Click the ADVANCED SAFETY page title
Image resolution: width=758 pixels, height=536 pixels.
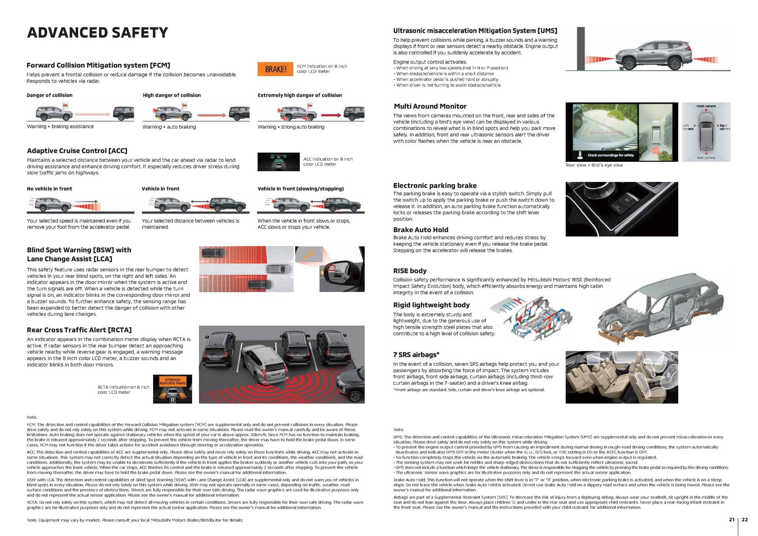pos(97,33)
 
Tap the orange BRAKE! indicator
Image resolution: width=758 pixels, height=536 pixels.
pos(275,69)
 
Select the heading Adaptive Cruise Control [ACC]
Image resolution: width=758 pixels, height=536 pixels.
pos(77,151)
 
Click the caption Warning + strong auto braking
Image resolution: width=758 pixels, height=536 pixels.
pos(291,127)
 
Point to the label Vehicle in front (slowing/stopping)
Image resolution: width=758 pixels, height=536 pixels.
pos(300,189)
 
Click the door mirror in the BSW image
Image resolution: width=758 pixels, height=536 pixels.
pos(340,272)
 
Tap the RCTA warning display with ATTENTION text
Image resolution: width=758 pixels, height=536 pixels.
pos(173,389)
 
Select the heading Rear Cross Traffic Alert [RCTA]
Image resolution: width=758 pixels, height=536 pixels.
pos(79,330)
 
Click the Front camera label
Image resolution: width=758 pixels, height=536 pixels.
pos(706,106)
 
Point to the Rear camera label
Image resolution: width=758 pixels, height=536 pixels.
pos(706,158)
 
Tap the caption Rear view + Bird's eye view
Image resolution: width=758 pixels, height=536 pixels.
pos(594,165)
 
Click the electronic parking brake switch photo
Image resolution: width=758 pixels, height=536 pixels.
pos(621,209)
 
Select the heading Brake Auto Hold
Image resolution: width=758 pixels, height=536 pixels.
pos(420,230)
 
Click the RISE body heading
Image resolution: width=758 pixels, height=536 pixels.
pos(409,271)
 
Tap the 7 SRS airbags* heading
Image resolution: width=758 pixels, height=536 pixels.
pos(416,354)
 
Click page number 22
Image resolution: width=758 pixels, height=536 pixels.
pos(745,519)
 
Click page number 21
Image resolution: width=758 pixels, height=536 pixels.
pos(732,519)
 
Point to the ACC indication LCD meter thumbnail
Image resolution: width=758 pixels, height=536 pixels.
pos(278,162)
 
